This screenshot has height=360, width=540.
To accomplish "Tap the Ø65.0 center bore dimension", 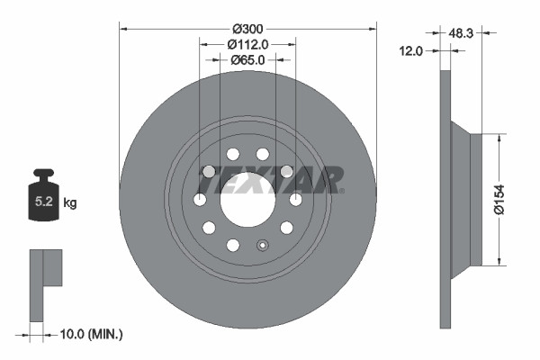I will [247, 60].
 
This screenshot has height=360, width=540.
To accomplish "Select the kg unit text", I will [70, 203].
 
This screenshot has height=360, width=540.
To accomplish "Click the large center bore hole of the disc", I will [247, 199].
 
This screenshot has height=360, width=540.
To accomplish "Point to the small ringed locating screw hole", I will [263, 244].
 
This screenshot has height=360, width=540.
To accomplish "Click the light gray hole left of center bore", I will [209, 171].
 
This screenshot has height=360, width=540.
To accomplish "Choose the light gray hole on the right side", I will [286, 171].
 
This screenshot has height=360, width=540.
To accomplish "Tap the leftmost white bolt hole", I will [200, 199].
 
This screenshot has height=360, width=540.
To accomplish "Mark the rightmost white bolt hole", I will [295, 199].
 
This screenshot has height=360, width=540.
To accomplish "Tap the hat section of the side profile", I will [469, 200].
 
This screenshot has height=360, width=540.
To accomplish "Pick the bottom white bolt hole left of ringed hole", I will [232, 245].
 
